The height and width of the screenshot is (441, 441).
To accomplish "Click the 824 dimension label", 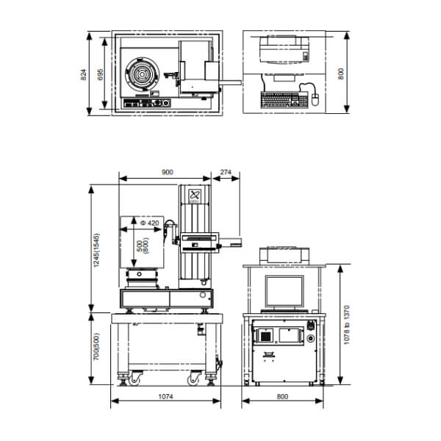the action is [x=84, y=75].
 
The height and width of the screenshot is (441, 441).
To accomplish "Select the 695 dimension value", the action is [x=101, y=74].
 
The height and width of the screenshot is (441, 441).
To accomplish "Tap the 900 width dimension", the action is [x=168, y=172].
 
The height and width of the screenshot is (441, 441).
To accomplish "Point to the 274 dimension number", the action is [x=226, y=172].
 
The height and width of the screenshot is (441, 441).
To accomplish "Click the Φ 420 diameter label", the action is [x=150, y=223].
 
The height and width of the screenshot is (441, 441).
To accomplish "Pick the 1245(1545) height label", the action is [x=96, y=250].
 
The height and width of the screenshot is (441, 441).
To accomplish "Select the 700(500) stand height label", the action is [x=96, y=346].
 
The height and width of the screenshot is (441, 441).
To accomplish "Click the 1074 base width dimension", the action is [x=165, y=397].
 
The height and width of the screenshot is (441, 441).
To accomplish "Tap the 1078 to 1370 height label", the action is [x=347, y=325].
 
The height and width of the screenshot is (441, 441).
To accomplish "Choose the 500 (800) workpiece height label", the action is [x=143, y=245].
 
